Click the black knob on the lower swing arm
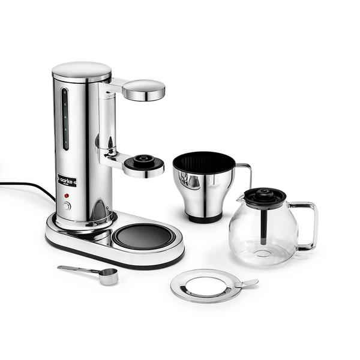tap(145, 161)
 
